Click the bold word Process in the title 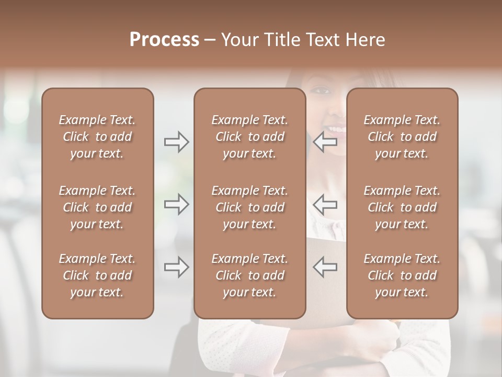(164, 40)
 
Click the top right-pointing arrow (176, 142)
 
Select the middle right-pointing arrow (176, 204)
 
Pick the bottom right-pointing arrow (176, 267)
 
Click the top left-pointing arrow (325, 142)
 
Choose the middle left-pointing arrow (325, 204)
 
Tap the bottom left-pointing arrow (325, 267)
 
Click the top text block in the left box (97, 137)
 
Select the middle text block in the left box (97, 207)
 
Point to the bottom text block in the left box (97, 275)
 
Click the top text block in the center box (249, 137)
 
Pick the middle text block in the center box (249, 207)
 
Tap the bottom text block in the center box (249, 275)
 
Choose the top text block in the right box (402, 137)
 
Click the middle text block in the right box (402, 207)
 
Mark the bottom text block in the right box (402, 275)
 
